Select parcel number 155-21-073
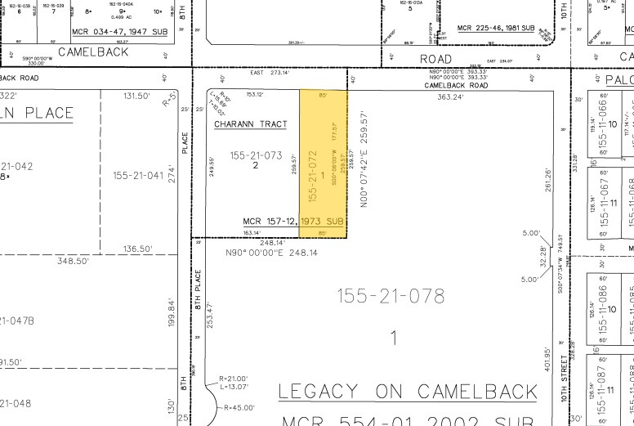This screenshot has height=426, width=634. click(x=256, y=155)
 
